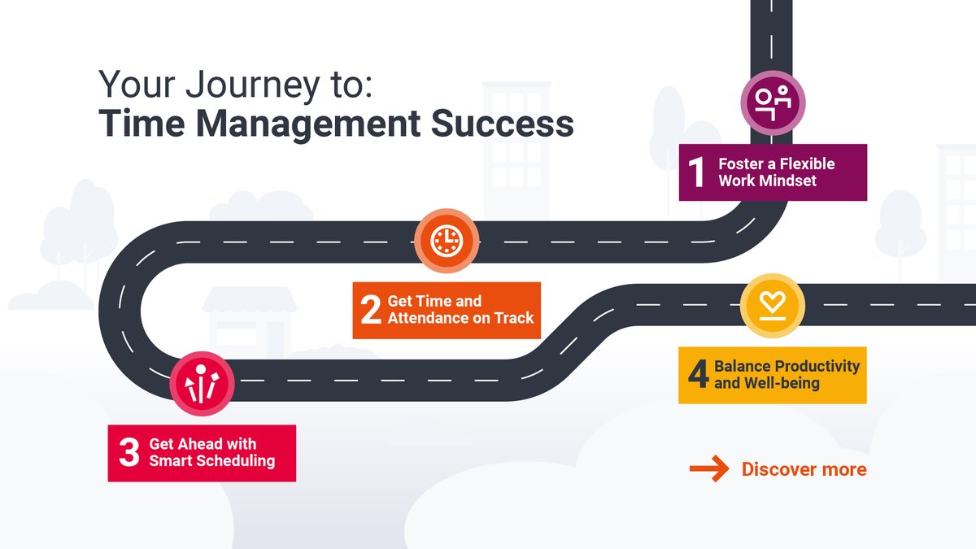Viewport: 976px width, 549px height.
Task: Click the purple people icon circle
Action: coord(772,102)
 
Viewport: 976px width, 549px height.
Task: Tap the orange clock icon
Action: coord(446,241)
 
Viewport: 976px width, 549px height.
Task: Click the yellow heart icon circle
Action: coord(772,306)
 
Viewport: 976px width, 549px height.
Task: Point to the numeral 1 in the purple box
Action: coord(696,172)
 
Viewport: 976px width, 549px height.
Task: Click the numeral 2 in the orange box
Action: coord(371,310)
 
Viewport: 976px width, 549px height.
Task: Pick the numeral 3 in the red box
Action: coord(129,453)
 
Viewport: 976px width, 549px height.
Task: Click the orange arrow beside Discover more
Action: coord(709,469)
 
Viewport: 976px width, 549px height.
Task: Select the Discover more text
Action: coord(804,469)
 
